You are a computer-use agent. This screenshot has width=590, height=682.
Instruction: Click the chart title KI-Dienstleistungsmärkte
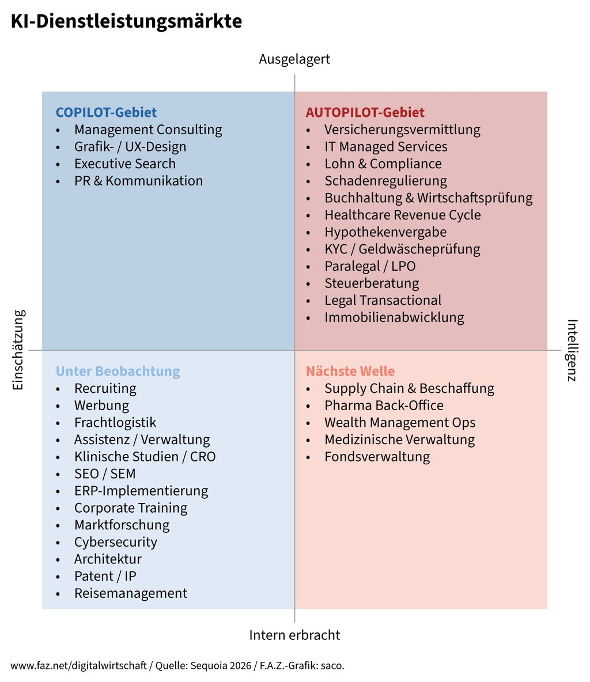tap(126, 21)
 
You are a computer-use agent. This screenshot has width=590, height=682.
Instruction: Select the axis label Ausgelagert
tap(294, 59)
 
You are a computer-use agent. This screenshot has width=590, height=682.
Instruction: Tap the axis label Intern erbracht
tap(294, 635)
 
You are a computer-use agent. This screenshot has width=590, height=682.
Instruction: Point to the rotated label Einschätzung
tap(18, 350)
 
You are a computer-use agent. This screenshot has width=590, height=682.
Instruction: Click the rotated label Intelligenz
tap(572, 350)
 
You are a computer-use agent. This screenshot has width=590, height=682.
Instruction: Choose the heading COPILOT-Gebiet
tap(106, 112)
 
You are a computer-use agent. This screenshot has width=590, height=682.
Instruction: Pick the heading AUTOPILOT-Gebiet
tap(365, 112)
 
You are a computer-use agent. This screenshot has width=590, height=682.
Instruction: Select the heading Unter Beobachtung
tap(118, 372)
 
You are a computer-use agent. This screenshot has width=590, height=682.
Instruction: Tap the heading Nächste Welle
tap(350, 372)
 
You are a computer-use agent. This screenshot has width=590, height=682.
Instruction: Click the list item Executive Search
tap(124, 164)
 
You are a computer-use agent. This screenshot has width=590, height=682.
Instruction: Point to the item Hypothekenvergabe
tap(385, 232)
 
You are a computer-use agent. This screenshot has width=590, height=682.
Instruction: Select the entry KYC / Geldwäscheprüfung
tap(402, 249)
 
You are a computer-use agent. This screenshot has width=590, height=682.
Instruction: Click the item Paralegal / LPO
tap(370, 266)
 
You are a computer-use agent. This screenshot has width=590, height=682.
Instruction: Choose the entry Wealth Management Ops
tap(400, 423)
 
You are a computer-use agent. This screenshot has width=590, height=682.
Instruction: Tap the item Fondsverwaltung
tap(377, 457)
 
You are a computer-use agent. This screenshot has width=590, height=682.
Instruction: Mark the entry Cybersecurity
tap(115, 542)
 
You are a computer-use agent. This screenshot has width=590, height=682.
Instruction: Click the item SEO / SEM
tap(105, 474)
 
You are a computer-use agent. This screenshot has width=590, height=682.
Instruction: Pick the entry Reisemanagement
tap(130, 593)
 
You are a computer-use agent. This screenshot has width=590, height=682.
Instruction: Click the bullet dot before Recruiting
tap(58, 389)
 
